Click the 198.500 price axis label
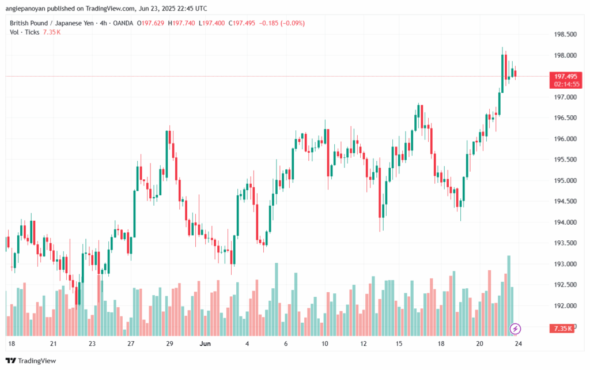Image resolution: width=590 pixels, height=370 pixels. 564,35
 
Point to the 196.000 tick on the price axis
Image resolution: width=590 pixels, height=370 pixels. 564,139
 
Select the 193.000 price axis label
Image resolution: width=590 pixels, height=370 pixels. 564,264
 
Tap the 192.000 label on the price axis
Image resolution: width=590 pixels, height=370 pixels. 564,305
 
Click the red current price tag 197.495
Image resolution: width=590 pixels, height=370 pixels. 565,76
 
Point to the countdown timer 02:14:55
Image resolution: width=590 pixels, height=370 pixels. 565,84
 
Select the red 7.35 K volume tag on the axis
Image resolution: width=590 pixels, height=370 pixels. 562,329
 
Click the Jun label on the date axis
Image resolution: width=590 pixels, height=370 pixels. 205,343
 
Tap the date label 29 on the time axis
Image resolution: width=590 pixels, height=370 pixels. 169,343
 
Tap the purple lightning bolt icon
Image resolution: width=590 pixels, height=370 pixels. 515,329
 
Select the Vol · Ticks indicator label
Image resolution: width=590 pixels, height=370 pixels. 24,32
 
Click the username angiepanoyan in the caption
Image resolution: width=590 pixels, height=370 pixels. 27,9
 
